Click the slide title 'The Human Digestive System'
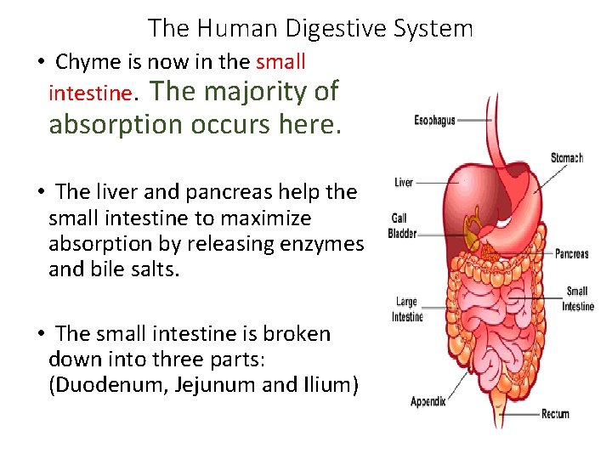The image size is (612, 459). pyautogui.click(x=310, y=28)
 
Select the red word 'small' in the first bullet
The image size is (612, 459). pyautogui.click(x=280, y=62)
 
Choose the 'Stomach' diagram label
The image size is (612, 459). pyautogui.click(x=566, y=158)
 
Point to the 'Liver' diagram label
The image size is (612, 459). pyautogui.click(x=404, y=182)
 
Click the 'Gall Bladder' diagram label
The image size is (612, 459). pyautogui.click(x=401, y=226)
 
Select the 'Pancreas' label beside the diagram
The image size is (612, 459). pyautogui.click(x=571, y=253)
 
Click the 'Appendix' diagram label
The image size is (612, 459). pyautogui.click(x=428, y=401)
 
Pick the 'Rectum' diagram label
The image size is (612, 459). pyautogui.click(x=555, y=414)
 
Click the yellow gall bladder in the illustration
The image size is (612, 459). pyautogui.click(x=471, y=225)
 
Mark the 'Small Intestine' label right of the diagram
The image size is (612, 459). pyautogui.click(x=577, y=299)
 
